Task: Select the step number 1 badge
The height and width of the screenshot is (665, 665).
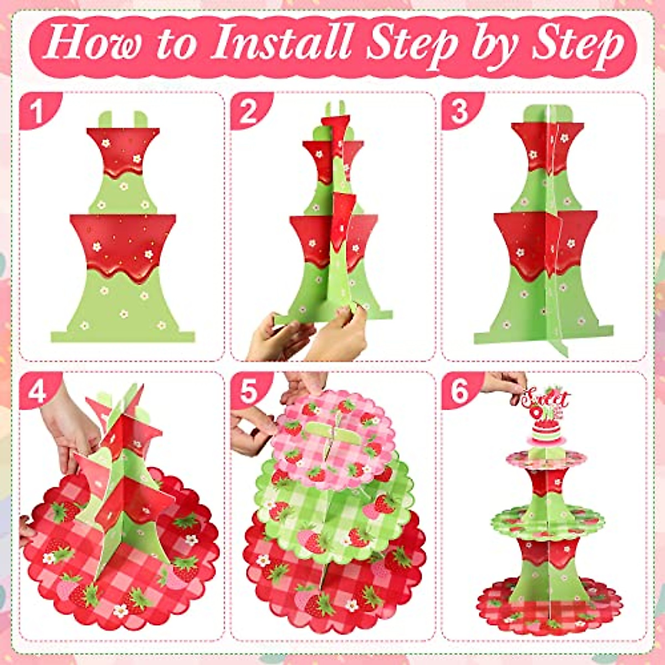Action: coord(37,111)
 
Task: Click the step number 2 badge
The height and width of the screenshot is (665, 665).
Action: coord(248,111)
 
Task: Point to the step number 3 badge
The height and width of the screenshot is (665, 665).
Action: coord(459,111)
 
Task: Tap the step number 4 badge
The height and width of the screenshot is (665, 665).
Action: coord(37,391)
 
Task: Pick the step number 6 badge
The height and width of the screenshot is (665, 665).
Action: coord(459,391)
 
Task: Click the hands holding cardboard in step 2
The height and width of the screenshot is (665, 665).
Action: coord(310,335)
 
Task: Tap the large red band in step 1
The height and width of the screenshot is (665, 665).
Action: coord(123,244)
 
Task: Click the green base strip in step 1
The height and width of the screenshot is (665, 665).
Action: coord(123,336)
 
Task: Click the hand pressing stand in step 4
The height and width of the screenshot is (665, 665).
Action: coord(66,427)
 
